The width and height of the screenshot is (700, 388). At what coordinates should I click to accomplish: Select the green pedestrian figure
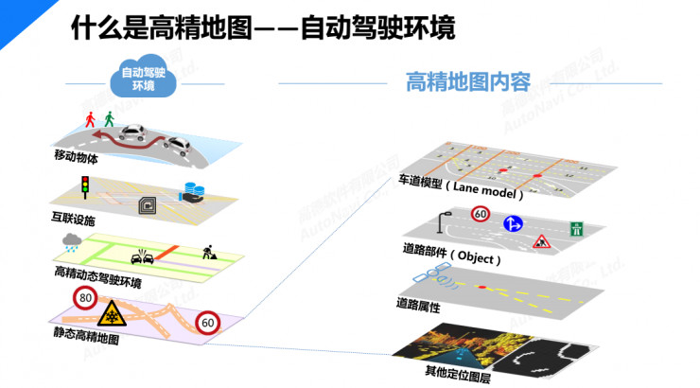[110, 118]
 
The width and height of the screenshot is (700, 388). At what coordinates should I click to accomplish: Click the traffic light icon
[83, 186]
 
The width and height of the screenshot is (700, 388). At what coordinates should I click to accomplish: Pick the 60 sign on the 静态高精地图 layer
[208, 324]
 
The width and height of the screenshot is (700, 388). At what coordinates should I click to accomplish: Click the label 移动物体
[76, 158]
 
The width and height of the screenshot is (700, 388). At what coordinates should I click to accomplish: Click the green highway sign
[575, 229]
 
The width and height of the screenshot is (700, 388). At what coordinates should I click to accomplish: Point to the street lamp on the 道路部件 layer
[443, 222]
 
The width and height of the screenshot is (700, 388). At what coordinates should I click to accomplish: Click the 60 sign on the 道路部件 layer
[480, 214]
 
